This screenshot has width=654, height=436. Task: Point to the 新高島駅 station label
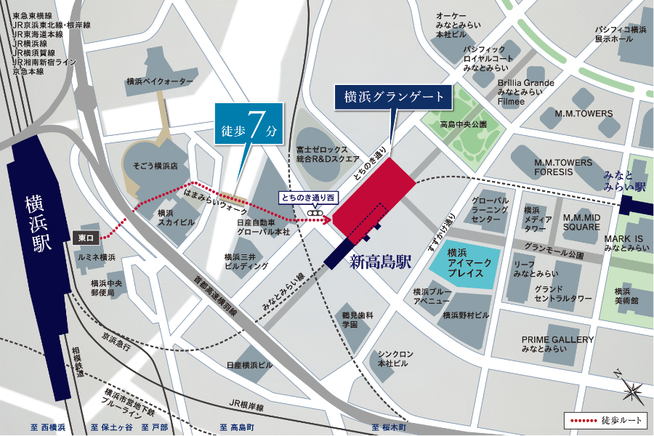[381, 262]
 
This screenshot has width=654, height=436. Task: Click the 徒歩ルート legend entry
[605, 421]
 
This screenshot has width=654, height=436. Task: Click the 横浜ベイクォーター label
[160, 81]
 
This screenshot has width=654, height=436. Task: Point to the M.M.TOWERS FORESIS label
[563, 167]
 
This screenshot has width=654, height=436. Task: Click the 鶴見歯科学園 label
[359, 320]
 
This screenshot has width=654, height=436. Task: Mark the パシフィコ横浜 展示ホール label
[620, 35]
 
